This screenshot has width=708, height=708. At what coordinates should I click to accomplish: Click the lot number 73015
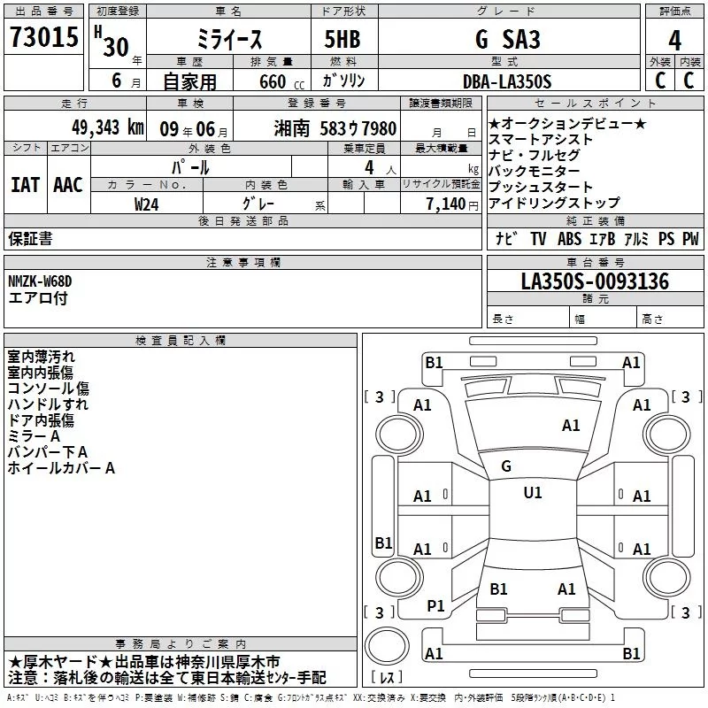click(x=43, y=36)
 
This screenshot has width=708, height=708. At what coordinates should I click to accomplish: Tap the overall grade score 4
click(x=674, y=41)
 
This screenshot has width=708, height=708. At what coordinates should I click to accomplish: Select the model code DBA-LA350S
click(x=507, y=81)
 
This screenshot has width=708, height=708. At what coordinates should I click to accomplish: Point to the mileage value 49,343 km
click(x=108, y=127)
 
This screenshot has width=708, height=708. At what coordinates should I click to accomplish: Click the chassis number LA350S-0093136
click(x=595, y=281)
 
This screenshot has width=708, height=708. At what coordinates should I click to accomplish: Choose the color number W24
click(x=146, y=204)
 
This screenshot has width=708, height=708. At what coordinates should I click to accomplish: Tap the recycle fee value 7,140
click(x=446, y=204)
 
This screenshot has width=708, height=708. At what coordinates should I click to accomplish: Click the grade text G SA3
click(x=507, y=39)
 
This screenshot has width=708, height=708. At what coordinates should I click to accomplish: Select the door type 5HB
click(x=342, y=39)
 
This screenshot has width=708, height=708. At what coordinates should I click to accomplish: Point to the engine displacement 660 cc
click(x=281, y=81)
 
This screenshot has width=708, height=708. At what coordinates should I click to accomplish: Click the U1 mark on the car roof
click(x=533, y=493)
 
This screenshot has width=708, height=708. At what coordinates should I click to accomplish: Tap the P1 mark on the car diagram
click(x=435, y=606)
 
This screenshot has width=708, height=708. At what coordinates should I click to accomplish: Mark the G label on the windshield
click(x=506, y=466)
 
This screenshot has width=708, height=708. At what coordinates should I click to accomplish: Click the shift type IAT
click(x=25, y=185)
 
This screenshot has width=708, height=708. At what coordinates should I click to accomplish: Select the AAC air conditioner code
click(x=68, y=185)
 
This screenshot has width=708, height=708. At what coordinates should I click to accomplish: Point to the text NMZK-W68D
click(x=40, y=281)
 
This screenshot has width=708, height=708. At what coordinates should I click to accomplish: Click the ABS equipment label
click(x=569, y=238)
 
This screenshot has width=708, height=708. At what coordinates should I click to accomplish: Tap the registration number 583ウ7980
click(x=358, y=128)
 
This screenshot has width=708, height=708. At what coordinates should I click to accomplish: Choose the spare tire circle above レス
click(x=387, y=646)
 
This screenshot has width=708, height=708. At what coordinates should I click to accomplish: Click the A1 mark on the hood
click(x=571, y=426)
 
